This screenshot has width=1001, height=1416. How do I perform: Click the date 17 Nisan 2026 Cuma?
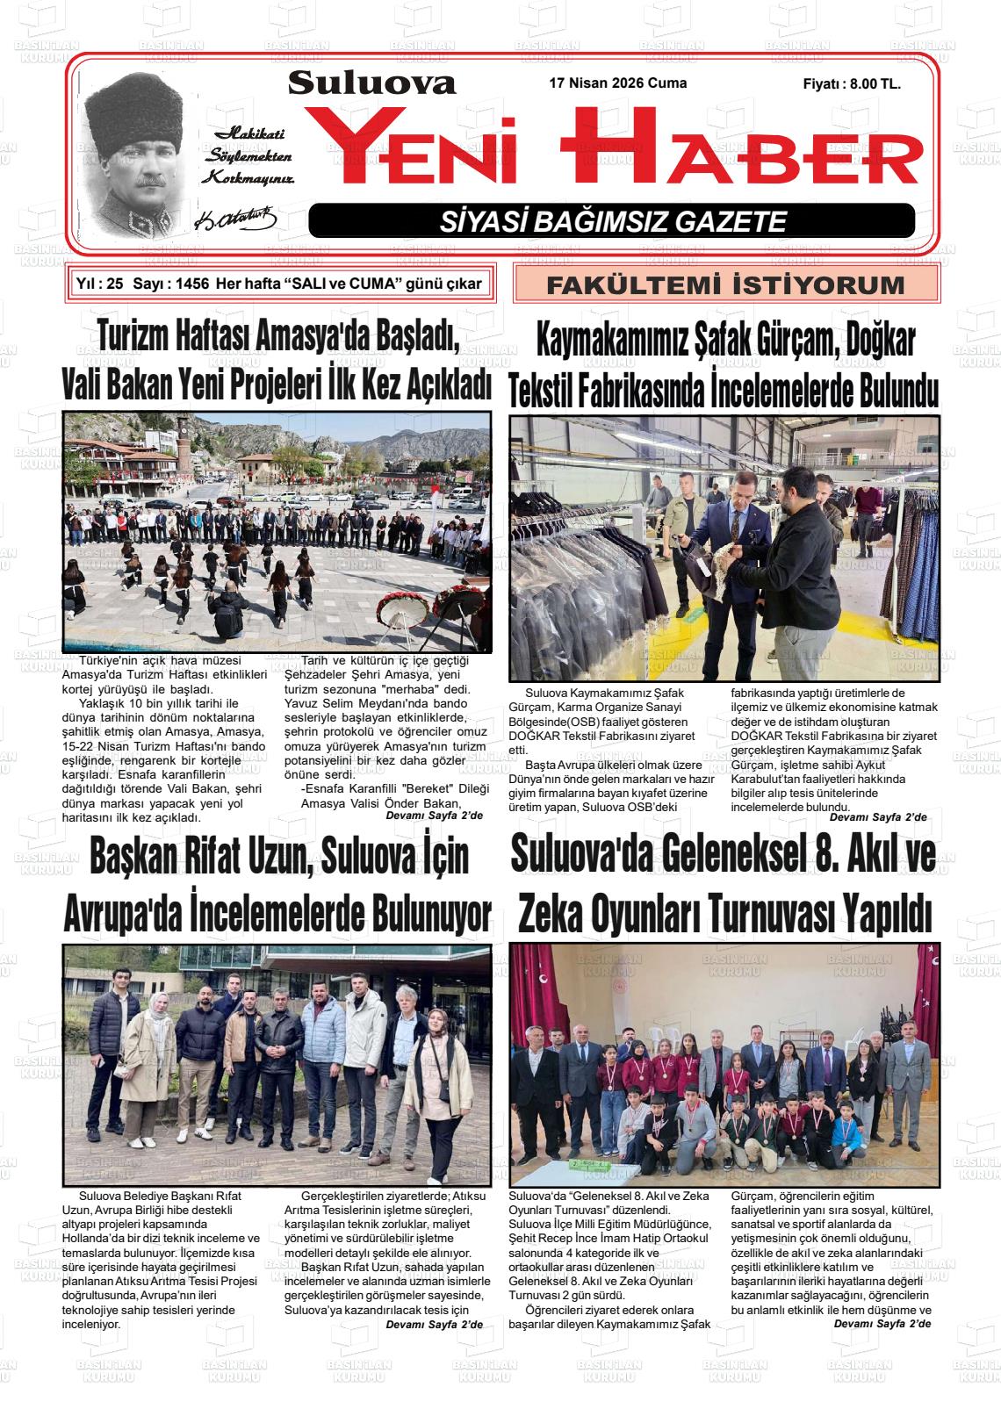pyautogui.click(x=617, y=83)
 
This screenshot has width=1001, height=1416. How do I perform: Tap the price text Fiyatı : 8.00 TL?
pyautogui.click(x=851, y=84)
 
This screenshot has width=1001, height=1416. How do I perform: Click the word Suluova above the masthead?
pyautogui.click(x=371, y=83)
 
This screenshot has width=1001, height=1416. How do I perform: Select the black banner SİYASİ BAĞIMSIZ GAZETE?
pyautogui.click(x=612, y=221)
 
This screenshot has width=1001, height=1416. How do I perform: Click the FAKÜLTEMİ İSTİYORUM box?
pyautogui.click(x=725, y=284)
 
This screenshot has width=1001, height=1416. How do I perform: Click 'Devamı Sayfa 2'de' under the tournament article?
pyautogui.click(x=882, y=1323)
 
